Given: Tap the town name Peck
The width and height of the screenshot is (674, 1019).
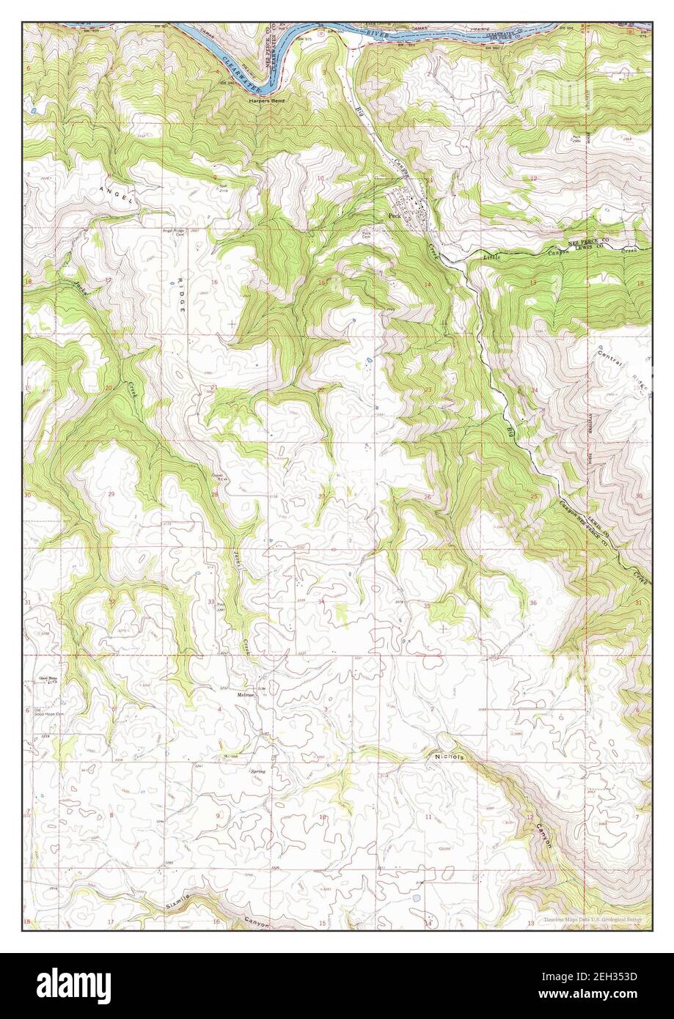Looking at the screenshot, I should click(395, 216).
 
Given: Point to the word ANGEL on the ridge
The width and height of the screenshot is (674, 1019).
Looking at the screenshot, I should click(119, 189).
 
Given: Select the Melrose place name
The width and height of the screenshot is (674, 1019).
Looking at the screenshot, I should click(245, 694).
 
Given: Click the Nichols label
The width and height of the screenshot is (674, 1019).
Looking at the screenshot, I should click(449, 757).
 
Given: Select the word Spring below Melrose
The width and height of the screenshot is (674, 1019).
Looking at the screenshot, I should click(257, 772).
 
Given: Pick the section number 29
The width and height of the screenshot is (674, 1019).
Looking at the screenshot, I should click(111, 495).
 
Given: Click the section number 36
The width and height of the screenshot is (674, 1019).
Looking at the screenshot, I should click(532, 603).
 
